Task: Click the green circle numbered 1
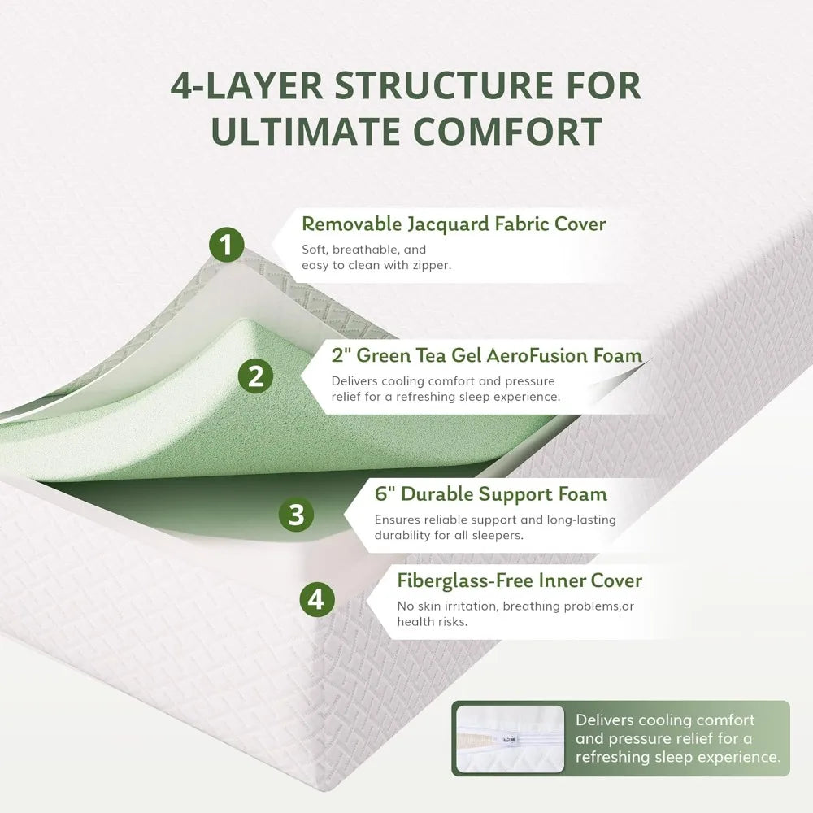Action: (227, 244)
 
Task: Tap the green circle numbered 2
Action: (255, 376)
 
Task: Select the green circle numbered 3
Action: (296, 515)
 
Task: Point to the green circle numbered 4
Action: (317, 599)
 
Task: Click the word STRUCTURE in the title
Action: (444, 85)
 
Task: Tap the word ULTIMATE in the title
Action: (305, 131)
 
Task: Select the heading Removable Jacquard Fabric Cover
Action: (454, 224)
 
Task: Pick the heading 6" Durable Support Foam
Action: (491, 493)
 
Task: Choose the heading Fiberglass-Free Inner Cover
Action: (520, 580)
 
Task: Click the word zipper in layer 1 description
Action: (432, 266)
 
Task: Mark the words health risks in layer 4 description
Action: (433, 621)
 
